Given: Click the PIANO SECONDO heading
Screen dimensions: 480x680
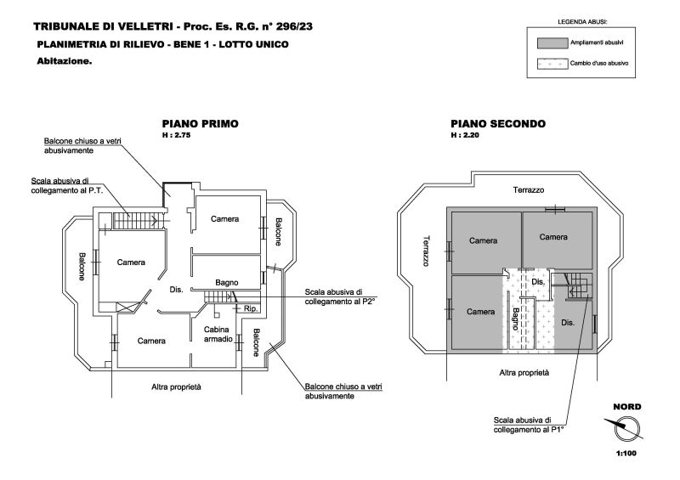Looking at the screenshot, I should [x=498, y=123].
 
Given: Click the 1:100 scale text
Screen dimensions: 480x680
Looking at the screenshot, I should [x=626, y=455].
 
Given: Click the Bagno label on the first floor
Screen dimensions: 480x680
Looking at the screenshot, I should [x=226, y=282].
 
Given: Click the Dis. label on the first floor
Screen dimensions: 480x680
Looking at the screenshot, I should [x=177, y=290].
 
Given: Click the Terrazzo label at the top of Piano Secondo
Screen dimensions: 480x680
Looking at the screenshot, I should [x=528, y=189].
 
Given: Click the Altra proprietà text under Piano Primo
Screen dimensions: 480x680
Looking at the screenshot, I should [x=176, y=387].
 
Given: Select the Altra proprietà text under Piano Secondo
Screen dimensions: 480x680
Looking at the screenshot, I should [x=524, y=372].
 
